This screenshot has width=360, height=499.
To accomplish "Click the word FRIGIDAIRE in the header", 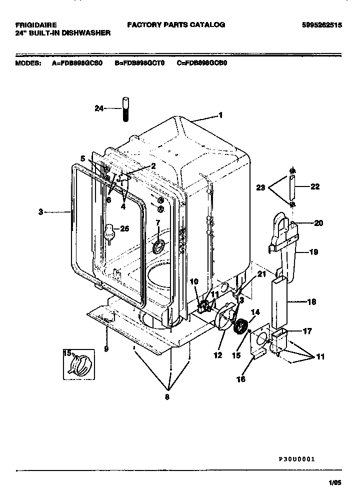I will [x=35, y=24].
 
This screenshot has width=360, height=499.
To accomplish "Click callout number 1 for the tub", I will [x=220, y=115].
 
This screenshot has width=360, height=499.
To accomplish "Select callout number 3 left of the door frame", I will [x=40, y=212].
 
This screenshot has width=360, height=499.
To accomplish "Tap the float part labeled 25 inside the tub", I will [x=108, y=231].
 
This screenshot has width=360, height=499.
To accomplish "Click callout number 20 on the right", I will [x=318, y=224].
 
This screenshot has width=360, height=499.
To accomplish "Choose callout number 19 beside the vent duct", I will [x=313, y=252].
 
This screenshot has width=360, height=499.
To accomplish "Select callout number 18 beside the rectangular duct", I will [x=311, y=302].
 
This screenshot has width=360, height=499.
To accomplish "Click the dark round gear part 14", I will [x=242, y=327].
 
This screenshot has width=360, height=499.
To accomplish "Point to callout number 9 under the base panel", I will [x=106, y=348].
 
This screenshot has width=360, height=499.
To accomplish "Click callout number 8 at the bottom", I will [x=167, y=397].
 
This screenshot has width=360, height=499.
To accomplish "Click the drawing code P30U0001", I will [x=296, y=458].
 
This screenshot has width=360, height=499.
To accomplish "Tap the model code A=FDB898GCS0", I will [x=78, y=63].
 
